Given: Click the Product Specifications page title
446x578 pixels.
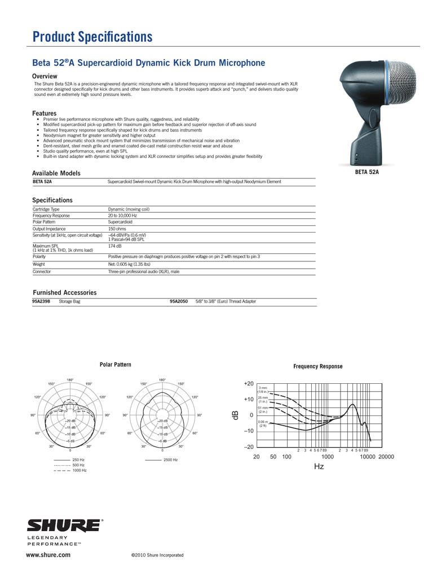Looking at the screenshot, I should [x=92, y=37].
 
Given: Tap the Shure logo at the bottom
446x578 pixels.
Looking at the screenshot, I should [x=67, y=526].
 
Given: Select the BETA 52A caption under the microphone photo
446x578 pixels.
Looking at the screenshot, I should [x=366, y=172].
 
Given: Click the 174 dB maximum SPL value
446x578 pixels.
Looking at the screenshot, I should [x=114, y=246].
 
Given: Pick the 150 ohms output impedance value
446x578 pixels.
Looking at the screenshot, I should [x=117, y=229].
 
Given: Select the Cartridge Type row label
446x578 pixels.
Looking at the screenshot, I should [x=46, y=209].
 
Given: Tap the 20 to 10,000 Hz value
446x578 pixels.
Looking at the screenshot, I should [x=122, y=216].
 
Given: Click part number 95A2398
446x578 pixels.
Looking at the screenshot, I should [x=42, y=302].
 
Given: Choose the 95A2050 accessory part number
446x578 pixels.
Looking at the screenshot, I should [x=178, y=302].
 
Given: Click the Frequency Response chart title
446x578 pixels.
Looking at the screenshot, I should [x=317, y=366].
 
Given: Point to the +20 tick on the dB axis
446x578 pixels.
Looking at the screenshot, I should [x=249, y=384].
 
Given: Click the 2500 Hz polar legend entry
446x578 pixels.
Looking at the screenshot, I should [x=171, y=461].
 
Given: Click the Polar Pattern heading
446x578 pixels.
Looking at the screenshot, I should [x=115, y=365].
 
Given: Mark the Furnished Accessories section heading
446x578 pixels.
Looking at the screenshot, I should [x=64, y=292].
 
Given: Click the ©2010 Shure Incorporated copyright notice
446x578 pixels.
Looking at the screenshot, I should [x=157, y=555].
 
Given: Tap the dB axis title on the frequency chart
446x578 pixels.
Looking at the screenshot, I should [x=236, y=415].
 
